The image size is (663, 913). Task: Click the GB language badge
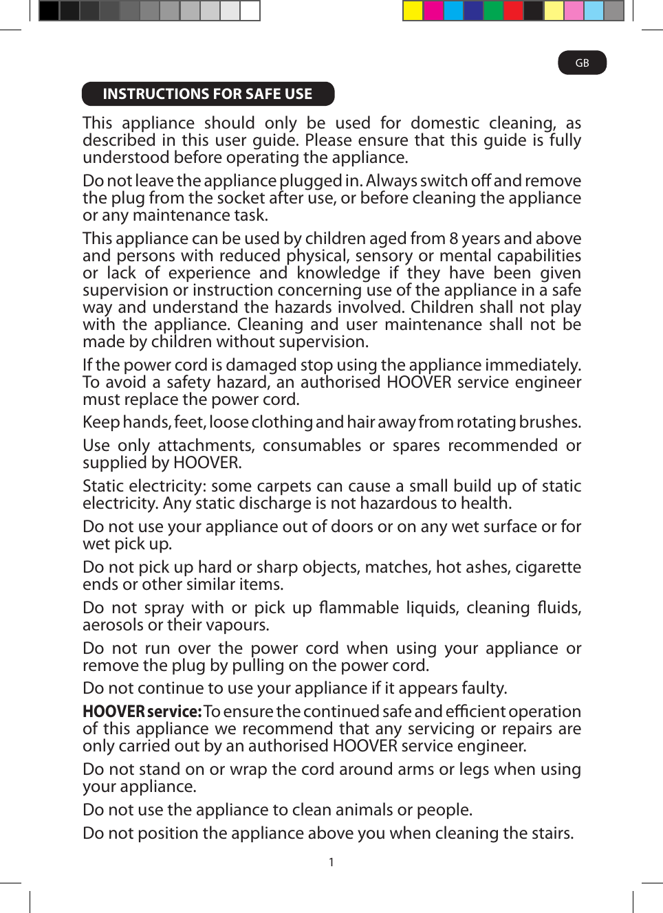point(582,63)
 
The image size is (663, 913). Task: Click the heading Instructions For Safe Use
point(207,94)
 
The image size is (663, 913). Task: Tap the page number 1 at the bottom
point(331,862)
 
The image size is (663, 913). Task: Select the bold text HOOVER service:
point(142,712)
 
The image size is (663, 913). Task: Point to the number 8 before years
point(453,239)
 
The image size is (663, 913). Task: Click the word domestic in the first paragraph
point(444,123)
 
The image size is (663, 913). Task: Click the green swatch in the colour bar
point(493,11)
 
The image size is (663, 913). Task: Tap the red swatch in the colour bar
point(513,11)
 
